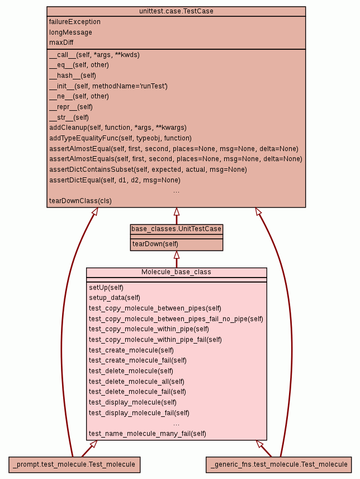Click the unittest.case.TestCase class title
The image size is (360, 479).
tap(176, 11)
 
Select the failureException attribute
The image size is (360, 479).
tap(75, 22)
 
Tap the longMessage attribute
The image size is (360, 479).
tap(70, 32)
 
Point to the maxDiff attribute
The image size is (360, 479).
tap(61, 43)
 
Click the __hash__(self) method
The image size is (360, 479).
tap(73, 76)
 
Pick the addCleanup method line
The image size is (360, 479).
tap(118, 128)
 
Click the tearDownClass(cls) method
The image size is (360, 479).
tap(80, 200)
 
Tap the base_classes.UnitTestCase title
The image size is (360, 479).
tap(176, 229)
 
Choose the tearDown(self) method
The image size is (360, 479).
tap(155, 245)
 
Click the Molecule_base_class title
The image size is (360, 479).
tap(176, 272)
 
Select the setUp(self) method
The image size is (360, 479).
tap(106, 287)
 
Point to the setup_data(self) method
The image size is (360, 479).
tap(115, 298)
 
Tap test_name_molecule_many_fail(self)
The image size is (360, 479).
tap(148, 434)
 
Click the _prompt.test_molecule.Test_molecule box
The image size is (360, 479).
tap(74, 464)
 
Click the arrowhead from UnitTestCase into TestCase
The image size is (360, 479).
tap(176, 212)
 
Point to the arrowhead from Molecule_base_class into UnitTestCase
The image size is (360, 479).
tap(176, 255)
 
